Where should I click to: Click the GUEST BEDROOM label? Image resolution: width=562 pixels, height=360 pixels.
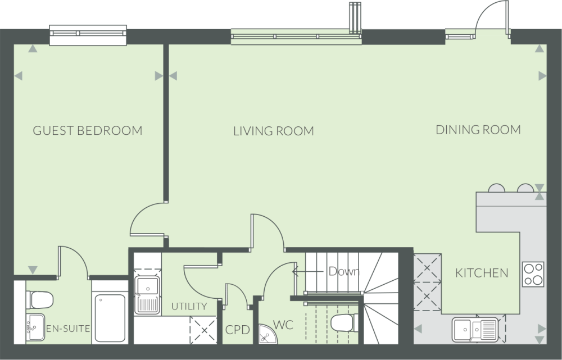88,130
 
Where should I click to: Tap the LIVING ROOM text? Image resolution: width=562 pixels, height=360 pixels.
274,131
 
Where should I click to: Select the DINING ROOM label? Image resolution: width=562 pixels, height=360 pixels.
478,130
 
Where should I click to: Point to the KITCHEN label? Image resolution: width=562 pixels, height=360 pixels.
482,274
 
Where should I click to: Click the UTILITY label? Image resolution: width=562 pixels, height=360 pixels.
189,306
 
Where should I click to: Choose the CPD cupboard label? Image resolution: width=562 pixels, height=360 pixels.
238,330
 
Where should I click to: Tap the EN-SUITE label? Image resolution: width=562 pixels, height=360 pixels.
68,329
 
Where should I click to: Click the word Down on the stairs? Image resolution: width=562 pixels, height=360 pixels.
344,271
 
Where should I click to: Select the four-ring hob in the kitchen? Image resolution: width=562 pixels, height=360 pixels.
533,275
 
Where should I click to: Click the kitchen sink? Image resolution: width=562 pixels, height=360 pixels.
475,329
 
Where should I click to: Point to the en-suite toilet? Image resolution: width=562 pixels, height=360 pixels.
39,300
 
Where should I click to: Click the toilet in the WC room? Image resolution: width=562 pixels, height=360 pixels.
345,323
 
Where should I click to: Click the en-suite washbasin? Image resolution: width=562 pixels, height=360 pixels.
35,327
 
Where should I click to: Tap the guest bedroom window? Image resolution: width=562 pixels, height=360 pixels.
88,35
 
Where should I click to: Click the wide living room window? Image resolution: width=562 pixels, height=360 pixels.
296,37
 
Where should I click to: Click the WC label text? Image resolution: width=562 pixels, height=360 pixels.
283,325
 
